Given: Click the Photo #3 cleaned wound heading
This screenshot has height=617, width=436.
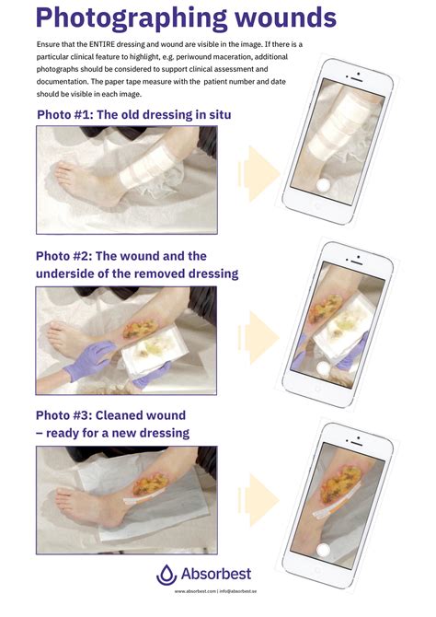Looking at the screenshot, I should [112, 424].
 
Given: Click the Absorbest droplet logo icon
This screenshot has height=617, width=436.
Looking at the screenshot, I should [166, 575].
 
